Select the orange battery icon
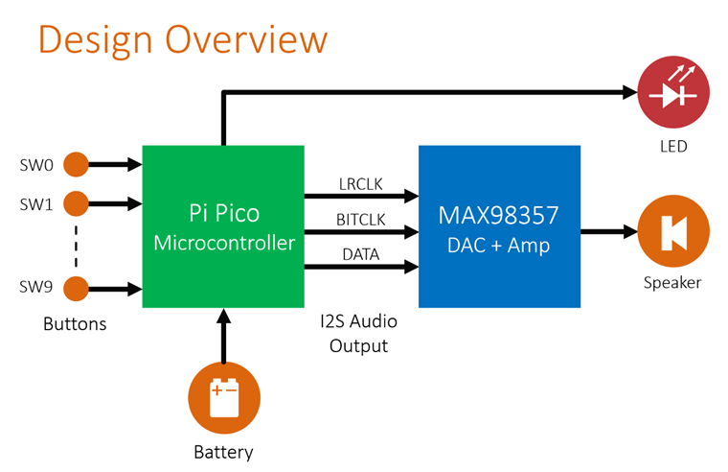pyautogui.click(x=224, y=399)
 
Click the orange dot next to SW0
pyautogui.click(x=76, y=165)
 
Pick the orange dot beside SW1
pyautogui.click(x=76, y=203)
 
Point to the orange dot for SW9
pyautogui.click(x=76, y=288)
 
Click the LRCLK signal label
pyautogui.click(x=361, y=183)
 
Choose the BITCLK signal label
pyautogui.click(x=361, y=220)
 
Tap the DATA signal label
pyautogui.click(x=361, y=254)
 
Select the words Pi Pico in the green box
pyautogui.click(x=223, y=213)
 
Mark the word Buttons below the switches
pyautogui.click(x=75, y=324)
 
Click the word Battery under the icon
pyautogui.click(x=224, y=451)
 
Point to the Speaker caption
pyautogui.click(x=672, y=282)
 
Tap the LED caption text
pyautogui.click(x=673, y=147)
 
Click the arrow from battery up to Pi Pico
pyautogui.click(x=224, y=336)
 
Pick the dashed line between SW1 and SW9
pyautogui.click(x=76, y=246)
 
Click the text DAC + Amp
pyautogui.click(x=499, y=246)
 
